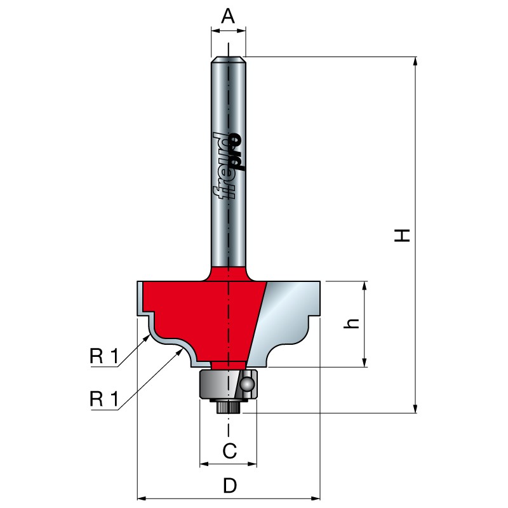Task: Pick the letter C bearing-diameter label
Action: [x=229, y=451]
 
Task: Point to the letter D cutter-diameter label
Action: [x=229, y=486]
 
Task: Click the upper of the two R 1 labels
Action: [x=104, y=357]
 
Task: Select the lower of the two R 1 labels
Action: [x=104, y=399]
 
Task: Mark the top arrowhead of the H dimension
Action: [x=415, y=62]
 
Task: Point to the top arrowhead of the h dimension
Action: [x=365, y=286]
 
